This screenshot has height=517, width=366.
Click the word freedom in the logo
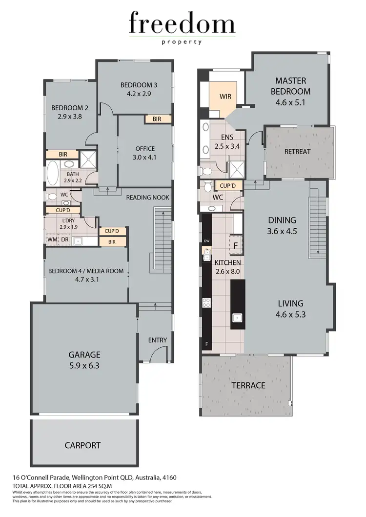click(x=182, y=24)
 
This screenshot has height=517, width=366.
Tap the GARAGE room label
click(x=84, y=355)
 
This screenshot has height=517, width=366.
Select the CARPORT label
click(x=82, y=445)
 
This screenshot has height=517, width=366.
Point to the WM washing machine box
click(x=52, y=239)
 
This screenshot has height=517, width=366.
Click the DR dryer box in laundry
click(x=64, y=239)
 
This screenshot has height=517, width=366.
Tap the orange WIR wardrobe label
click(x=225, y=97)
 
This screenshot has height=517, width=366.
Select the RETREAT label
click(x=297, y=151)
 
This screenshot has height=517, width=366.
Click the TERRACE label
click(x=249, y=385)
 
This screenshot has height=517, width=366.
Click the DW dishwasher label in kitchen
click(x=206, y=241)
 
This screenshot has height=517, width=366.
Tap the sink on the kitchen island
click(x=238, y=318)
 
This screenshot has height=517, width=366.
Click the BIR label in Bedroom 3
click(x=157, y=119)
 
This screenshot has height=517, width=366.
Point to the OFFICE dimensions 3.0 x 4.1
click(x=145, y=157)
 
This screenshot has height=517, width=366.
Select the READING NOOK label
click(x=147, y=197)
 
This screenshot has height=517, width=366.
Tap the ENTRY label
click(x=157, y=340)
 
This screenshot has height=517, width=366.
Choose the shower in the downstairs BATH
click(x=87, y=159)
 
